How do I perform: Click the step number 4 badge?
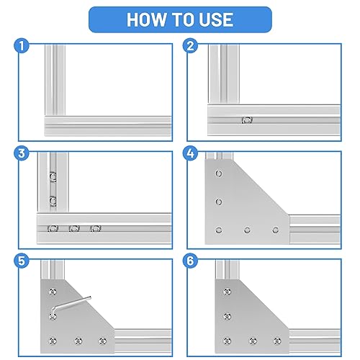click(x=190, y=153)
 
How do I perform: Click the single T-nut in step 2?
click(x=247, y=120)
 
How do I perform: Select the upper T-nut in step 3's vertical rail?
click(x=52, y=176)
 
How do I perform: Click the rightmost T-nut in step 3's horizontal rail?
click(x=95, y=230)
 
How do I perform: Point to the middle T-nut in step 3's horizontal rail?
click(x=73, y=230)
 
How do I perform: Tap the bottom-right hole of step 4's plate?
click(x=275, y=230)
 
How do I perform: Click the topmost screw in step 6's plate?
click(x=228, y=292)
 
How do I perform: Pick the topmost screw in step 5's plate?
click(x=52, y=292)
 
